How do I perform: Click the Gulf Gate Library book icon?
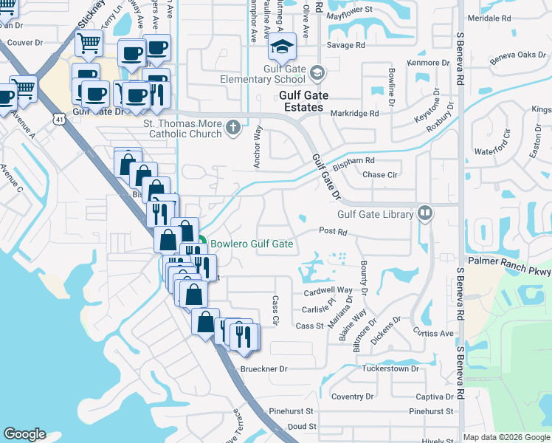[x=424, y=214]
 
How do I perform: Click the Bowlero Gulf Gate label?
[x=252, y=244]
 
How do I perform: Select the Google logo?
[x=24, y=434]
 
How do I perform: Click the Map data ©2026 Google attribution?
[x=506, y=437]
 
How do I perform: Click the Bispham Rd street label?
[x=354, y=160]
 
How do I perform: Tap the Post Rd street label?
[x=333, y=231]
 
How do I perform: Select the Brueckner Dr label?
[x=263, y=368]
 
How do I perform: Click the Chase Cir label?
[x=381, y=175]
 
